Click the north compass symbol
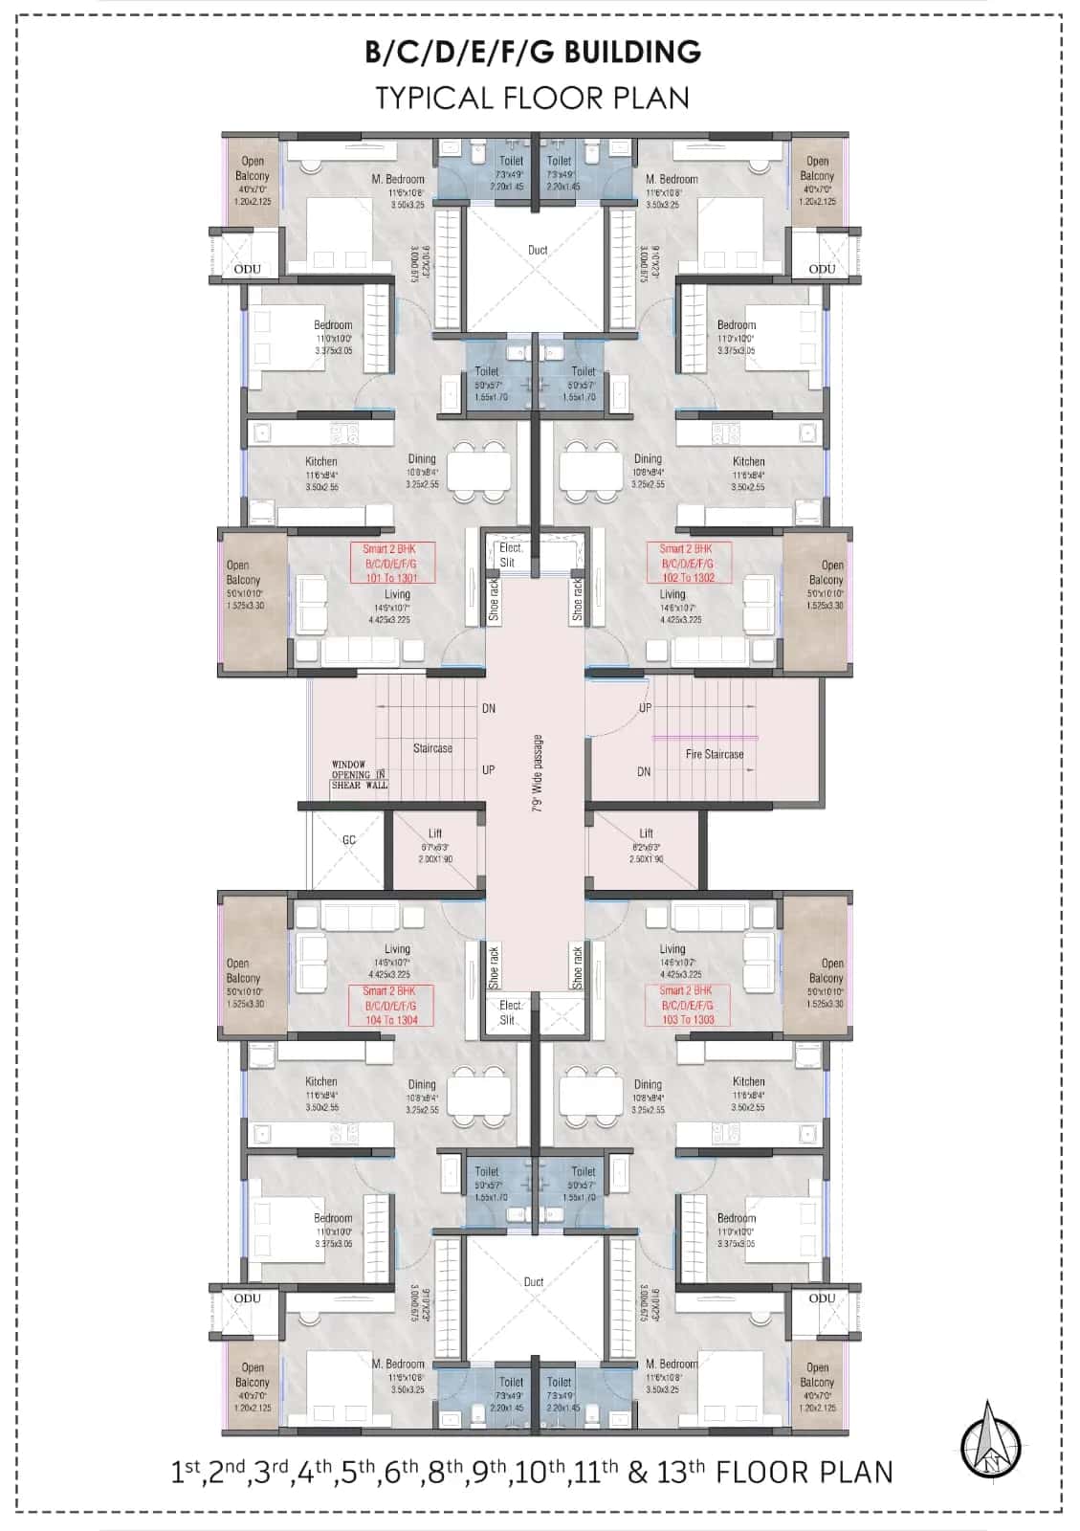991,1441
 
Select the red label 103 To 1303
688,1020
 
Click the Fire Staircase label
714,755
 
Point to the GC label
349,840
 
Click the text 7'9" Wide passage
538,773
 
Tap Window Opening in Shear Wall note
360,775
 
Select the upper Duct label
538,251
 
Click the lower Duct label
533,1281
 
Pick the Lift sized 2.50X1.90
647,846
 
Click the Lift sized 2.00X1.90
435,846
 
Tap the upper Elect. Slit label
510,555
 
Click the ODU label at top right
822,269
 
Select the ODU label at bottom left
248,1298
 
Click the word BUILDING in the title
632,52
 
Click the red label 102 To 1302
688,578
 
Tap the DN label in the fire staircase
644,771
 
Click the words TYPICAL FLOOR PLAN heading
532,98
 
